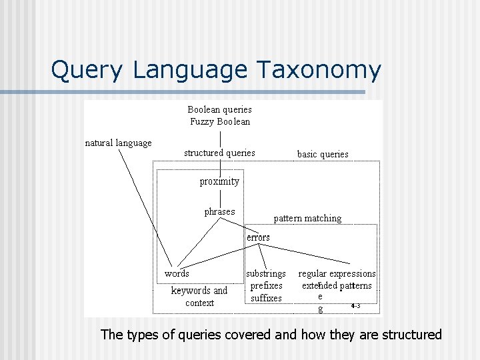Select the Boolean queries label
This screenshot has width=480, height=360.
click(x=219, y=109)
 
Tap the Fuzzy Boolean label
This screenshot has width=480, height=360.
click(x=220, y=121)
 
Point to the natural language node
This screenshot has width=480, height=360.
click(x=119, y=143)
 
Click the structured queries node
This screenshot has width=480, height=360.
click(x=219, y=153)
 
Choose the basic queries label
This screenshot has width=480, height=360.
click(x=323, y=154)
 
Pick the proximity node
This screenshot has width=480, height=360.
click(x=219, y=181)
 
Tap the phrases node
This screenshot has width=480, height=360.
click(x=219, y=212)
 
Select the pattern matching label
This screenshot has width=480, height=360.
click(x=307, y=219)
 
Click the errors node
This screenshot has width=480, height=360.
click(x=258, y=237)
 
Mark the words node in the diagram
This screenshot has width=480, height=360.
click(x=177, y=273)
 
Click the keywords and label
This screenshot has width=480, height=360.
click(x=199, y=291)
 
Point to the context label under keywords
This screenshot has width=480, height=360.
click(x=199, y=303)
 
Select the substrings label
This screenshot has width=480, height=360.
click(x=266, y=273)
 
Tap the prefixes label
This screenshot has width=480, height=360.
click(x=266, y=286)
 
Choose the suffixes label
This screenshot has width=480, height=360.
click(x=266, y=299)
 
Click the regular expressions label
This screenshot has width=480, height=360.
click(x=337, y=273)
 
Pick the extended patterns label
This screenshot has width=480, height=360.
click(x=337, y=286)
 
